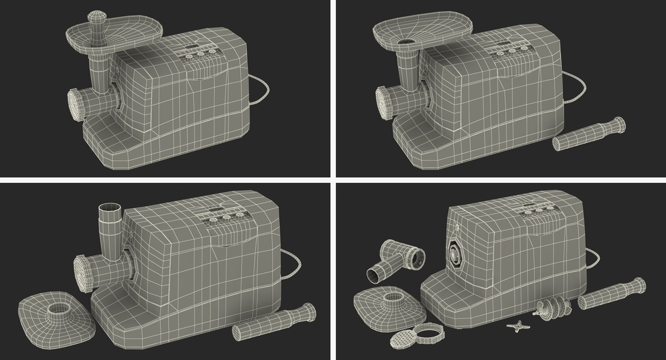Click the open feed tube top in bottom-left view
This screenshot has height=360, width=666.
pyautogui.click(x=110, y=210)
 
